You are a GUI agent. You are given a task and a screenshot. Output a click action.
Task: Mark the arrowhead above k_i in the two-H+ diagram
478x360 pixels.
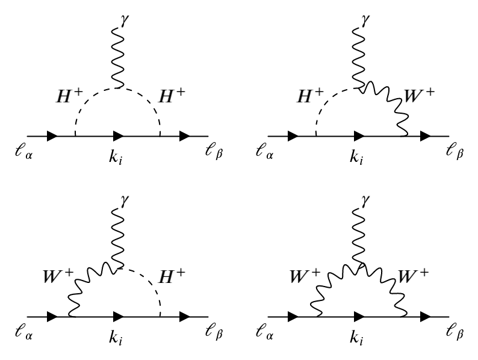[x=119, y=136]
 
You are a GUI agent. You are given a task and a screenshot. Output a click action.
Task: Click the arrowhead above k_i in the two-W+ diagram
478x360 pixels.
[x=359, y=316]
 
